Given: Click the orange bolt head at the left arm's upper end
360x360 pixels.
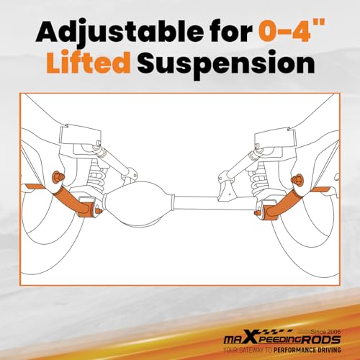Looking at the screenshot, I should pos(58,178).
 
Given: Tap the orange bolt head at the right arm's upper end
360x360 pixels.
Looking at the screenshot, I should pos(296,179).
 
